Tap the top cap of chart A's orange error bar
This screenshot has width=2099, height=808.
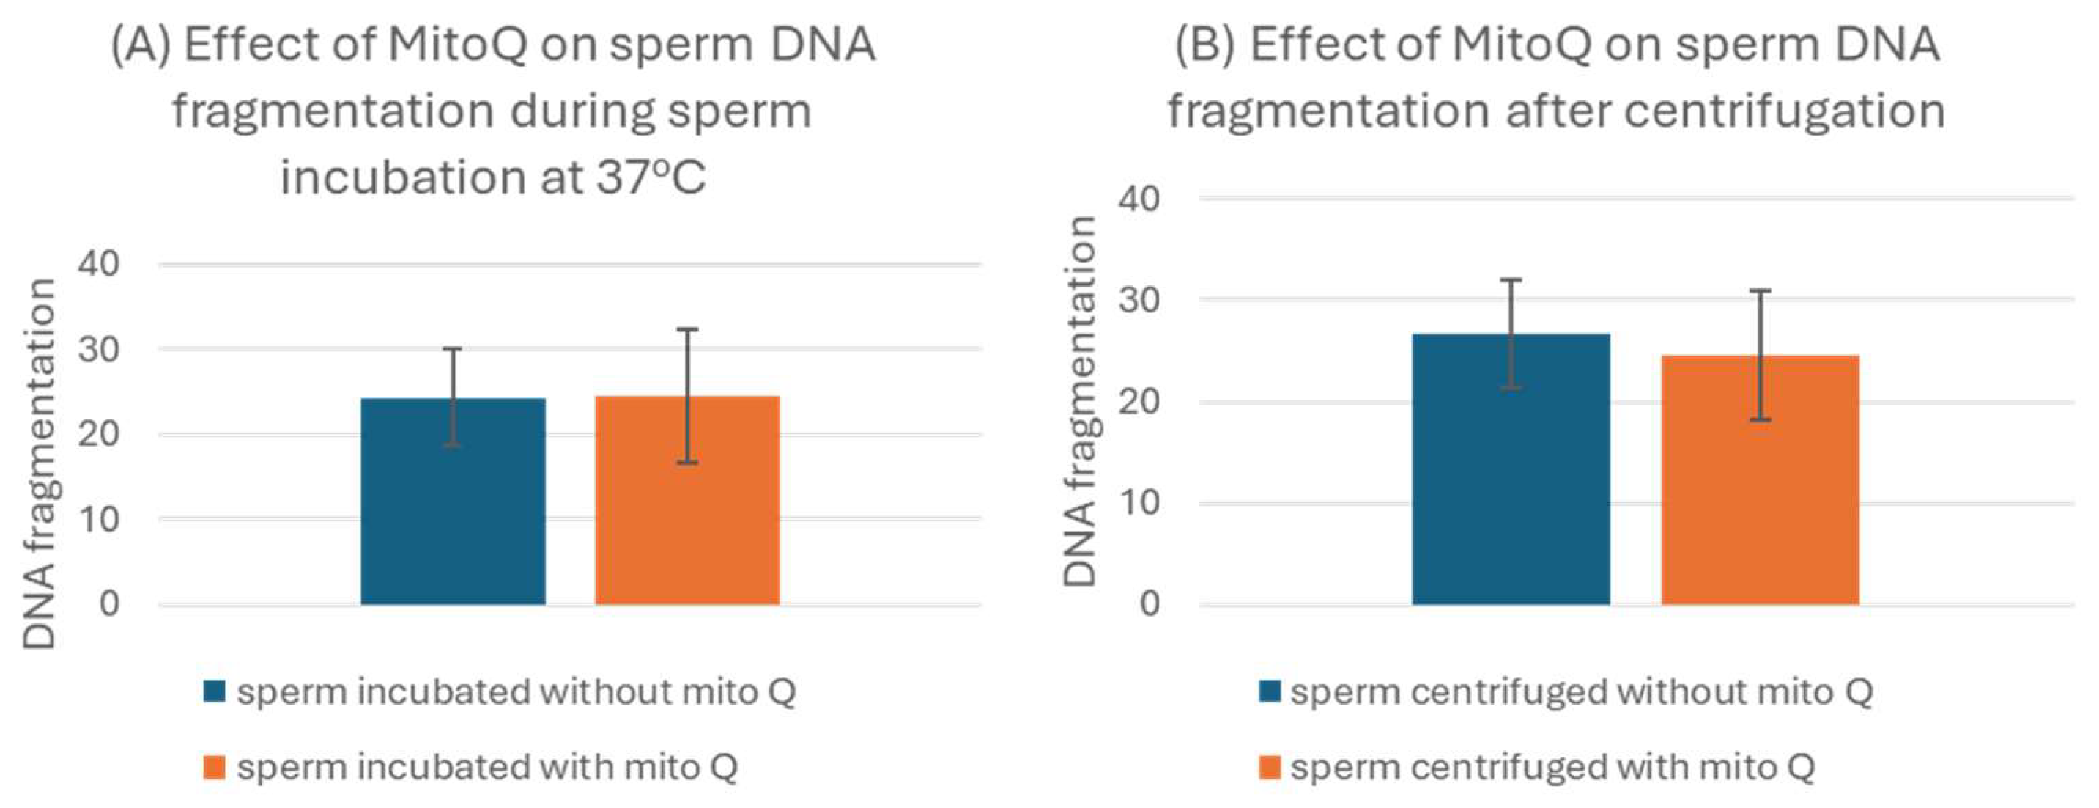click(x=687, y=329)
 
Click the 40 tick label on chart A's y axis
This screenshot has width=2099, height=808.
click(x=99, y=264)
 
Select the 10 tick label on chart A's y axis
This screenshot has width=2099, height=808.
click(x=99, y=518)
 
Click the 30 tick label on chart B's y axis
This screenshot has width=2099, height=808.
click(x=1139, y=300)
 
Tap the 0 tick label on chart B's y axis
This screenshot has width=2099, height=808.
click(x=1149, y=603)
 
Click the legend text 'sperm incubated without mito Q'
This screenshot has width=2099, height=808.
click(x=516, y=692)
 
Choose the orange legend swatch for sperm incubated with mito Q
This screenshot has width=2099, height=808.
click(x=215, y=767)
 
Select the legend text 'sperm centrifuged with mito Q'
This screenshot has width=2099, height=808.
click(x=1552, y=767)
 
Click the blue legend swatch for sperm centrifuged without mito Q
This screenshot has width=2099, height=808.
click(x=1270, y=692)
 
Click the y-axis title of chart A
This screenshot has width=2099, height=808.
click(x=39, y=463)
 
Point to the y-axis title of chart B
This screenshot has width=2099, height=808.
click(x=1081, y=401)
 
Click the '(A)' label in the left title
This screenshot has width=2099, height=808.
click(x=140, y=44)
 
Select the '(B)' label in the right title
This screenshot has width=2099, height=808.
click(x=1204, y=44)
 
